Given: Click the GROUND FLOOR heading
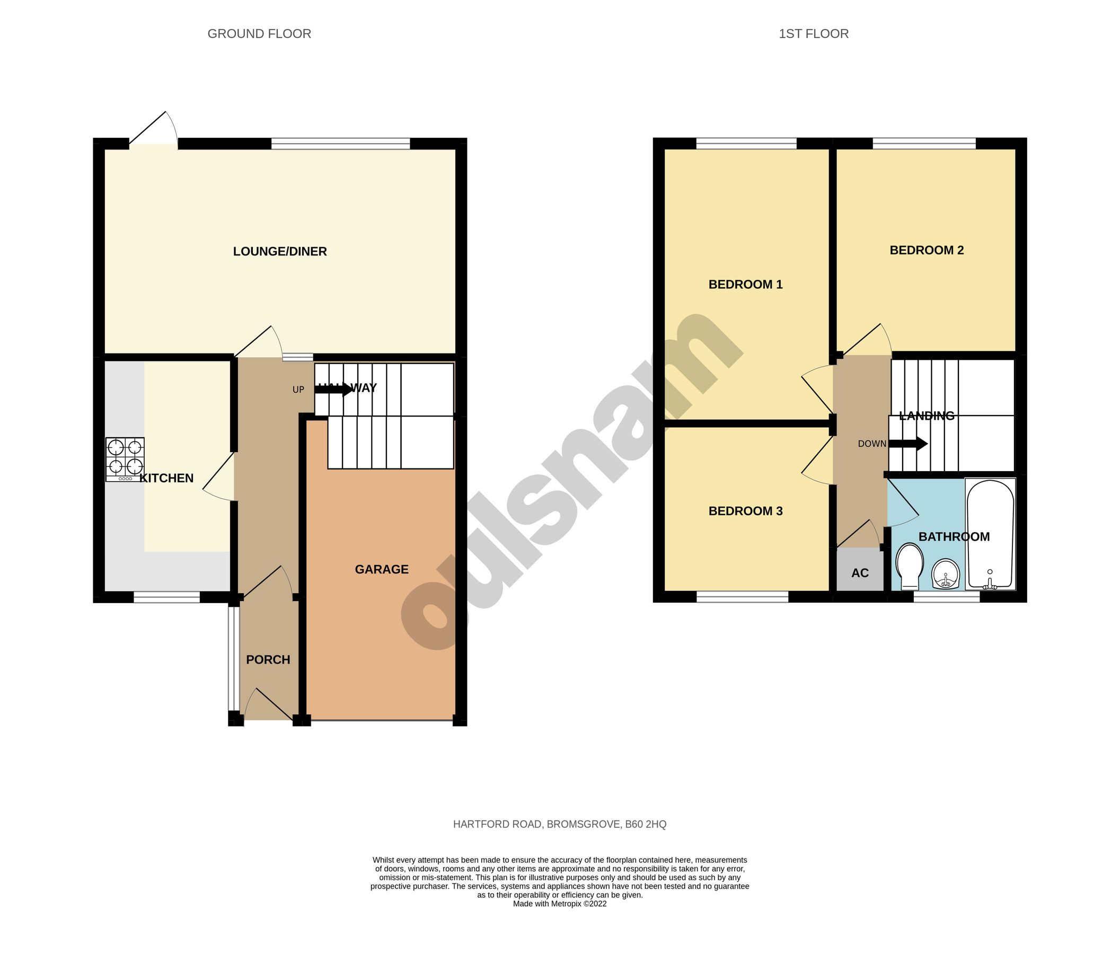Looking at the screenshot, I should coord(259,34).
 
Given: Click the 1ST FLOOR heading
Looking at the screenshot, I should coord(814,34).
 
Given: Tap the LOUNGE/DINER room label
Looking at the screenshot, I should coord(279,251).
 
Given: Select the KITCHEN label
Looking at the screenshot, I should coord(166,478).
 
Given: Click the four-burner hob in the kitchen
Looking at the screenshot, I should coord(125,458).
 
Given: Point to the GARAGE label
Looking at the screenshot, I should coord(382,569).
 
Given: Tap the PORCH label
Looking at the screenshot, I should coord(268,659).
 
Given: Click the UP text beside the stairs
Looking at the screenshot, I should coord(298,390).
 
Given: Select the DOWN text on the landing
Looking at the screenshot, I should coord(872,444).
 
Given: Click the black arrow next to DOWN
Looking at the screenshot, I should coord(909,444).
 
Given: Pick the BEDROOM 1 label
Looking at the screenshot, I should coord(745,284).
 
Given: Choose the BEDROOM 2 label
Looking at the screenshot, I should coord(927,250).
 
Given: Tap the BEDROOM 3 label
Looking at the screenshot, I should coord(745,511).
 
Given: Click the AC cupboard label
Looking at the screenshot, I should coord(860,573).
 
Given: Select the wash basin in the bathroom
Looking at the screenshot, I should coord(946,574).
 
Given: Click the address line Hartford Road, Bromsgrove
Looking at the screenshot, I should coord(559,824).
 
